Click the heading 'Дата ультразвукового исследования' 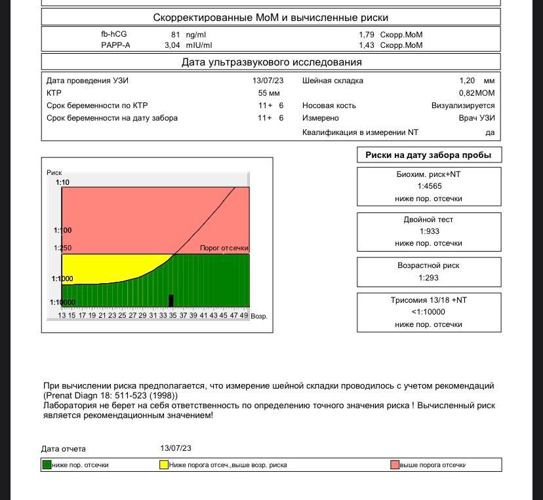coord(271,62)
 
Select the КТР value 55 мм coord(270,93)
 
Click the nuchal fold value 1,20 coord(467,81)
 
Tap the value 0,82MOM coord(477,93)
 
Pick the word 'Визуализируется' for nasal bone coord(462,106)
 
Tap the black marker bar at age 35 coord(171,301)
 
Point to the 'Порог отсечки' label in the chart coord(224,248)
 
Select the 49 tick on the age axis coord(244,315)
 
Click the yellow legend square coord(164,465)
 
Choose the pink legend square coord(395,465)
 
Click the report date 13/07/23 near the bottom coord(176,448)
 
